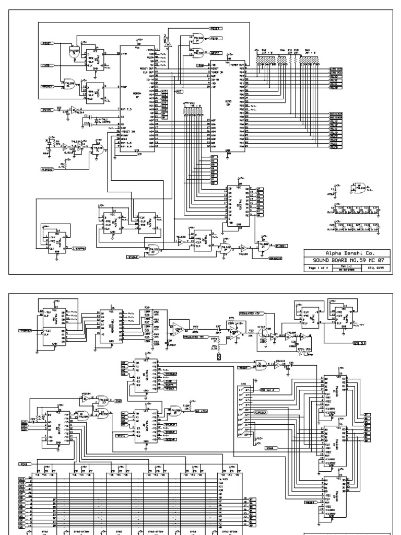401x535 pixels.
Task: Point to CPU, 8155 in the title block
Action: pos(375,266)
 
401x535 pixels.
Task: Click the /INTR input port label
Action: pos(46,66)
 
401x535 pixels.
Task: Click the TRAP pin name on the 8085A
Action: pos(124,87)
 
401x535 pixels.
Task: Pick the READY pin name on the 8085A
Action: pos(125,135)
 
